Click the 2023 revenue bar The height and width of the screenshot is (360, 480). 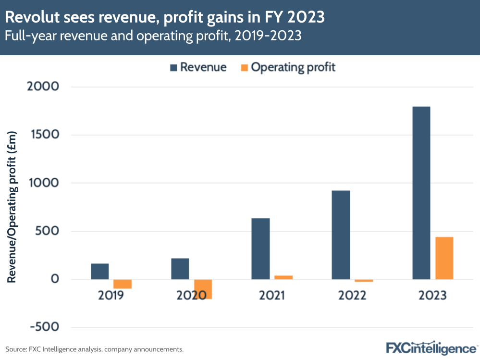point(421,192)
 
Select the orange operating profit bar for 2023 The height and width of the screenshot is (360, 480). point(444,258)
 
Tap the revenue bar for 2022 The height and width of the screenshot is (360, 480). point(341,235)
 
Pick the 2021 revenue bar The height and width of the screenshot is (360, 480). point(260,248)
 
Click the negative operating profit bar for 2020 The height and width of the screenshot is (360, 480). point(203,289)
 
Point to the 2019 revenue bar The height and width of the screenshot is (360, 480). point(99,271)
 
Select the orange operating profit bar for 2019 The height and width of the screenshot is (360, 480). point(123,284)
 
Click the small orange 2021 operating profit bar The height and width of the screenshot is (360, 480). point(283,277)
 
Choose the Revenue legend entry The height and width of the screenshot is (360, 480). point(197,67)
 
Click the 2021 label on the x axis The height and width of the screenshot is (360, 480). point(272,295)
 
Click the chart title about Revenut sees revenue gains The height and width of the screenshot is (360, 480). point(164,18)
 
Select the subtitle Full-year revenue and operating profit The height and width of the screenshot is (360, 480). point(153,37)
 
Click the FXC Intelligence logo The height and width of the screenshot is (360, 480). point(431,348)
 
